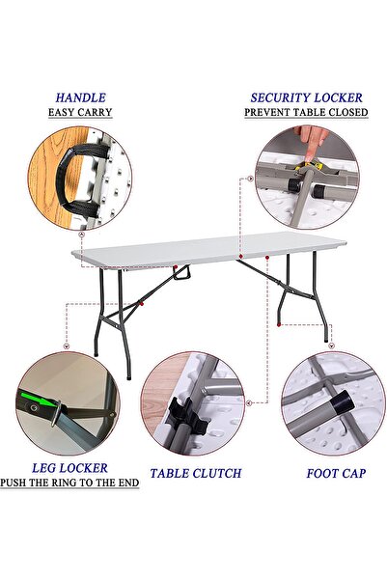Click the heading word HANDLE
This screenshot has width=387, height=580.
point(80,97)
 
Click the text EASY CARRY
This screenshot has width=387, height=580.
point(80,113)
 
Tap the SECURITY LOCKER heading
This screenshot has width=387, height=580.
point(305,97)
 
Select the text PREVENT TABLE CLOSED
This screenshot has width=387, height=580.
point(305,113)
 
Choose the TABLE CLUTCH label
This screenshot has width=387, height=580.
point(195,474)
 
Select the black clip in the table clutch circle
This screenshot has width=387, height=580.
point(183,417)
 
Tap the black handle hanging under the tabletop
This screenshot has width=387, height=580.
point(181,278)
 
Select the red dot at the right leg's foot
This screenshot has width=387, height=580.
point(280,327)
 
